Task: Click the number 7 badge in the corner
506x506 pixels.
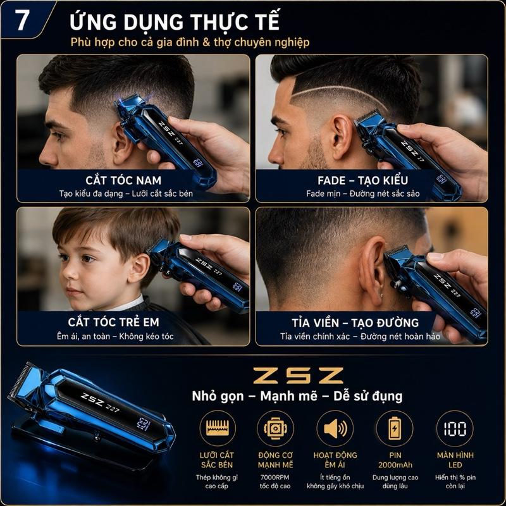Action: click(22, 20)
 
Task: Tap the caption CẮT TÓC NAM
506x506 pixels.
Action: click(123, 180)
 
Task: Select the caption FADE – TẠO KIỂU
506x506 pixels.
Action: click(362, 180)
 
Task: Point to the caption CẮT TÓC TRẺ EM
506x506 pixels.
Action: click(114, 322)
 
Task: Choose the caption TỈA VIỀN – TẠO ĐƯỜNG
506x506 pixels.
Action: click(355, 323)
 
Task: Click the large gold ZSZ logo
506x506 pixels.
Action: click(298, 375)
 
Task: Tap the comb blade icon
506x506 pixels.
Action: click(218, 428)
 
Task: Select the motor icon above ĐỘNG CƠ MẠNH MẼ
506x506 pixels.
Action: click(275, 428)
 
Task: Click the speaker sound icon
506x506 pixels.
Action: click(335, 429)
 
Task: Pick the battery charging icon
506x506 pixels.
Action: click(394, 428)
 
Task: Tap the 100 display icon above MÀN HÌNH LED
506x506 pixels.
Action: click(455, 429)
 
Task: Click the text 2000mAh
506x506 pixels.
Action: click(395, 465)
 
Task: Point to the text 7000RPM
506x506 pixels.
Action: click(275, 478)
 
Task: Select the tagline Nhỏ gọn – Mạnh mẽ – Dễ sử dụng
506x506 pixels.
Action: click(297, 397)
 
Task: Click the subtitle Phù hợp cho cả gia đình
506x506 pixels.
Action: click(135, 42)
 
